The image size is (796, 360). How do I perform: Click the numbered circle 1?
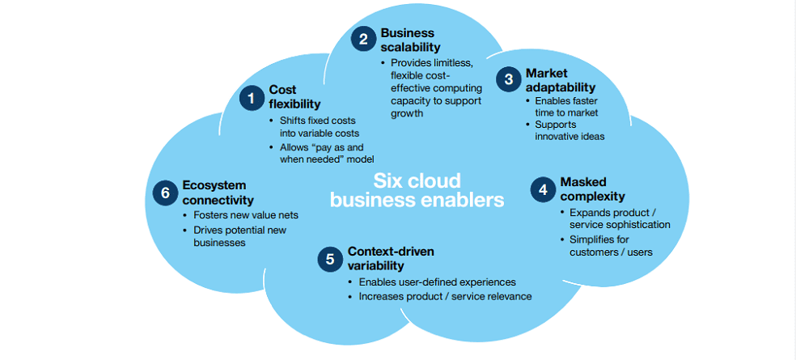(x=252, y=98)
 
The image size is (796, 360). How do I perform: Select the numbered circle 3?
(x=509, y=78)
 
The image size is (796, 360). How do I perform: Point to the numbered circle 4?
(x=542, y=189)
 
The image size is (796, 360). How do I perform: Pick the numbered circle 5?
(x=329, y=259)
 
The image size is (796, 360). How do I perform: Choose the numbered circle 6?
(x=165, y=193)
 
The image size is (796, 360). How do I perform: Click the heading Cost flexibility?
(x=294, y=97)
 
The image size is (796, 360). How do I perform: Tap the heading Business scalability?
(x=409, y=40)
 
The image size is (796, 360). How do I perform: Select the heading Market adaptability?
(x=560, y=79)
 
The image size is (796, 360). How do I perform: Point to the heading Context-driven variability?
(x=390, y=258)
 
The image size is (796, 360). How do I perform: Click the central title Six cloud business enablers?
(x=417, y=189)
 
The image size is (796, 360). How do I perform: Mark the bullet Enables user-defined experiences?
(x=437, y=282)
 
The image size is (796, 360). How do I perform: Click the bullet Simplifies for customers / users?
(x=611, y=246)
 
